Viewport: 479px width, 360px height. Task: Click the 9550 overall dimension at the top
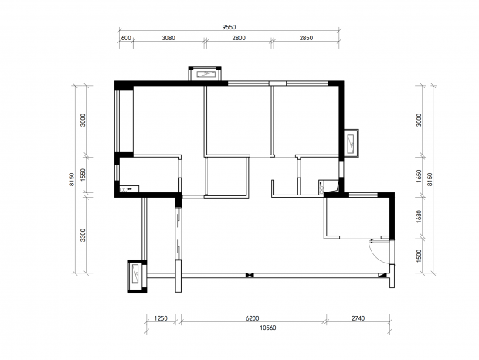pos(229,27)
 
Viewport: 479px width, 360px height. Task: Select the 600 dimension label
pos(126,38)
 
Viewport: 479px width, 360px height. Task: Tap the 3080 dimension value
pos(168,38)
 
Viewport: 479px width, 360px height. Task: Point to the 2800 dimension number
pos(239,38)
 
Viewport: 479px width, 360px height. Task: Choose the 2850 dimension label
pos(306,38)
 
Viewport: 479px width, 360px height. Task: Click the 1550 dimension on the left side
pos(83,175)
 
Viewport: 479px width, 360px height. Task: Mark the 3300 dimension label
pos(83,235)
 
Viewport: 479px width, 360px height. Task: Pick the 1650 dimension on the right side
pos(419,176)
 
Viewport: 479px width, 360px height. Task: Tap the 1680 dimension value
pos(419,216)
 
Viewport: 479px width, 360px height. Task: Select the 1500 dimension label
pos(419,256)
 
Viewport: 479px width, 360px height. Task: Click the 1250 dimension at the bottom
pos(161,318)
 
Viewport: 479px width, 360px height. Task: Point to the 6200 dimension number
pos(253,318)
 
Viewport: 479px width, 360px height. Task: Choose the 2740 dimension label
pos(358,318)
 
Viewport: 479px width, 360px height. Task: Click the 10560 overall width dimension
pos(268,328)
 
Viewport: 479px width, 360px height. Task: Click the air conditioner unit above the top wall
pos(205,73)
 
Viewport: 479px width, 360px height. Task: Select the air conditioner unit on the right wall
pos(352,143)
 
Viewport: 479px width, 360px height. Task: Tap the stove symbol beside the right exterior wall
pos(321,187)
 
